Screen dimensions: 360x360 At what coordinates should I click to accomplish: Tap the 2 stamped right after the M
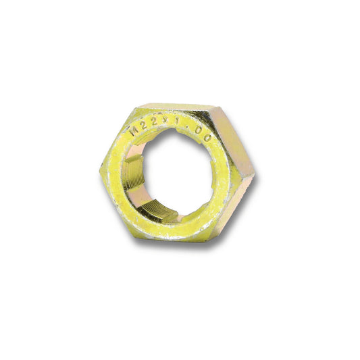(144, 123)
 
